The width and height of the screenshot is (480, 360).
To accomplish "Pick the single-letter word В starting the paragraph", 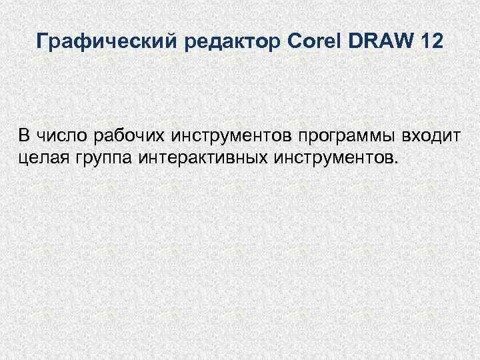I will click(x=24, y=137).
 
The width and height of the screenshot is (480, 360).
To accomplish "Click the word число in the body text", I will click(x=61, y=137).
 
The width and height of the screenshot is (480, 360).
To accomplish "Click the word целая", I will click(x=41, y=158).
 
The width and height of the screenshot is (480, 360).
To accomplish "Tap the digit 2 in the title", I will click(x=437, y=42).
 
